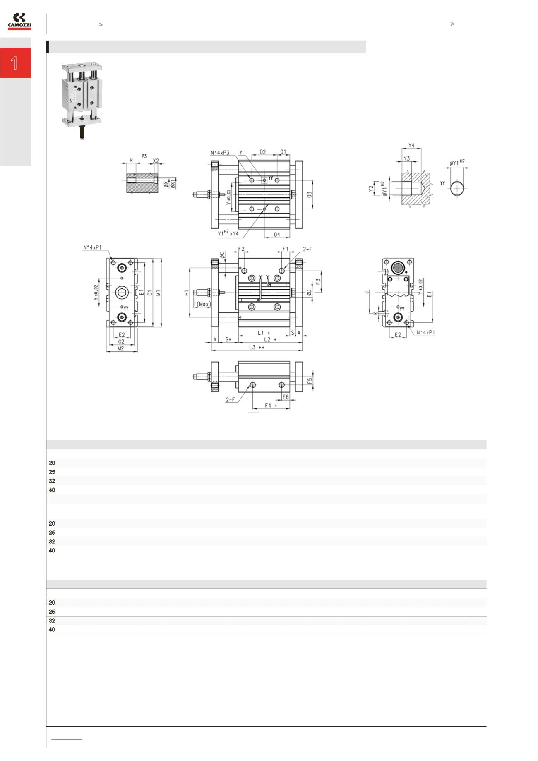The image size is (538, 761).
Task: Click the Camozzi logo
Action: [x=19, y=22]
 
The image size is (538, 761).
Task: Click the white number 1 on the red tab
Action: [x=15, y=63]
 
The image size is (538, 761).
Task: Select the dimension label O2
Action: [x=263, y=152]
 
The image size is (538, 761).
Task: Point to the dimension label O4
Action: [x=277, y=235]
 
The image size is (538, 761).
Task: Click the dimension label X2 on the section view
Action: [x=156, y=160]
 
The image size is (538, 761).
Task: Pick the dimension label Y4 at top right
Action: [x=411, y=146]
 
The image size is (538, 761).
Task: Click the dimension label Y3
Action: [x=406, y=158]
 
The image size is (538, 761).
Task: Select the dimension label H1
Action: [x=187, y=293]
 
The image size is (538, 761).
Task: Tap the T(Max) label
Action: [x=202, y=304]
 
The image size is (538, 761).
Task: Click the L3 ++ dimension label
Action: [x=257, y=347]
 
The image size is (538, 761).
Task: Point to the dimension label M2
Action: [x=121, y=348]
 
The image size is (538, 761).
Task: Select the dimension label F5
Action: [x=310, y=380]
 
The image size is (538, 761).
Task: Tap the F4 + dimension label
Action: [x=271, y=406]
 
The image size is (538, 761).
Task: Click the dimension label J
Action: [x=367, y=293]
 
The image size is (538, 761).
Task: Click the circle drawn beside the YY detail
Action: [x=457, y=188]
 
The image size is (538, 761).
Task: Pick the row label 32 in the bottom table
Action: [x=52, y=621]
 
